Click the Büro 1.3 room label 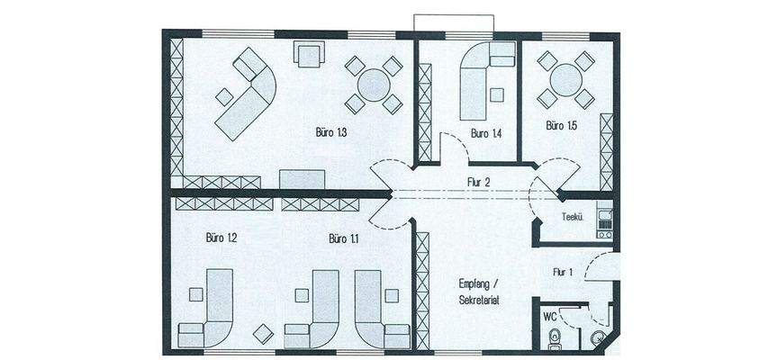coord(331,132)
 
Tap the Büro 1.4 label coord(486,133)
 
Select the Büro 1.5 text coord(561,126)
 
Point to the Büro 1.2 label coord(221,238)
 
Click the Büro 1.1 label coord(344,239)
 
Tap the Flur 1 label coord(563,272)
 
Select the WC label coord(549,317)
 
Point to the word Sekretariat coord(479,301)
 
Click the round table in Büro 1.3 coord(374,85)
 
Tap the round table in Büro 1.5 coord(566,80)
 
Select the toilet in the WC coord(555,339)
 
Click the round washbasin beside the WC coord(597,337)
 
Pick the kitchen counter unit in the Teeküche coord(604,220)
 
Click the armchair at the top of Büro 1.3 coord(309,54)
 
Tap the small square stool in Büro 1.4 coord(497,94)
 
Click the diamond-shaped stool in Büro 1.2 coord(264,334)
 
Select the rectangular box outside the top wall coord(454,23)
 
